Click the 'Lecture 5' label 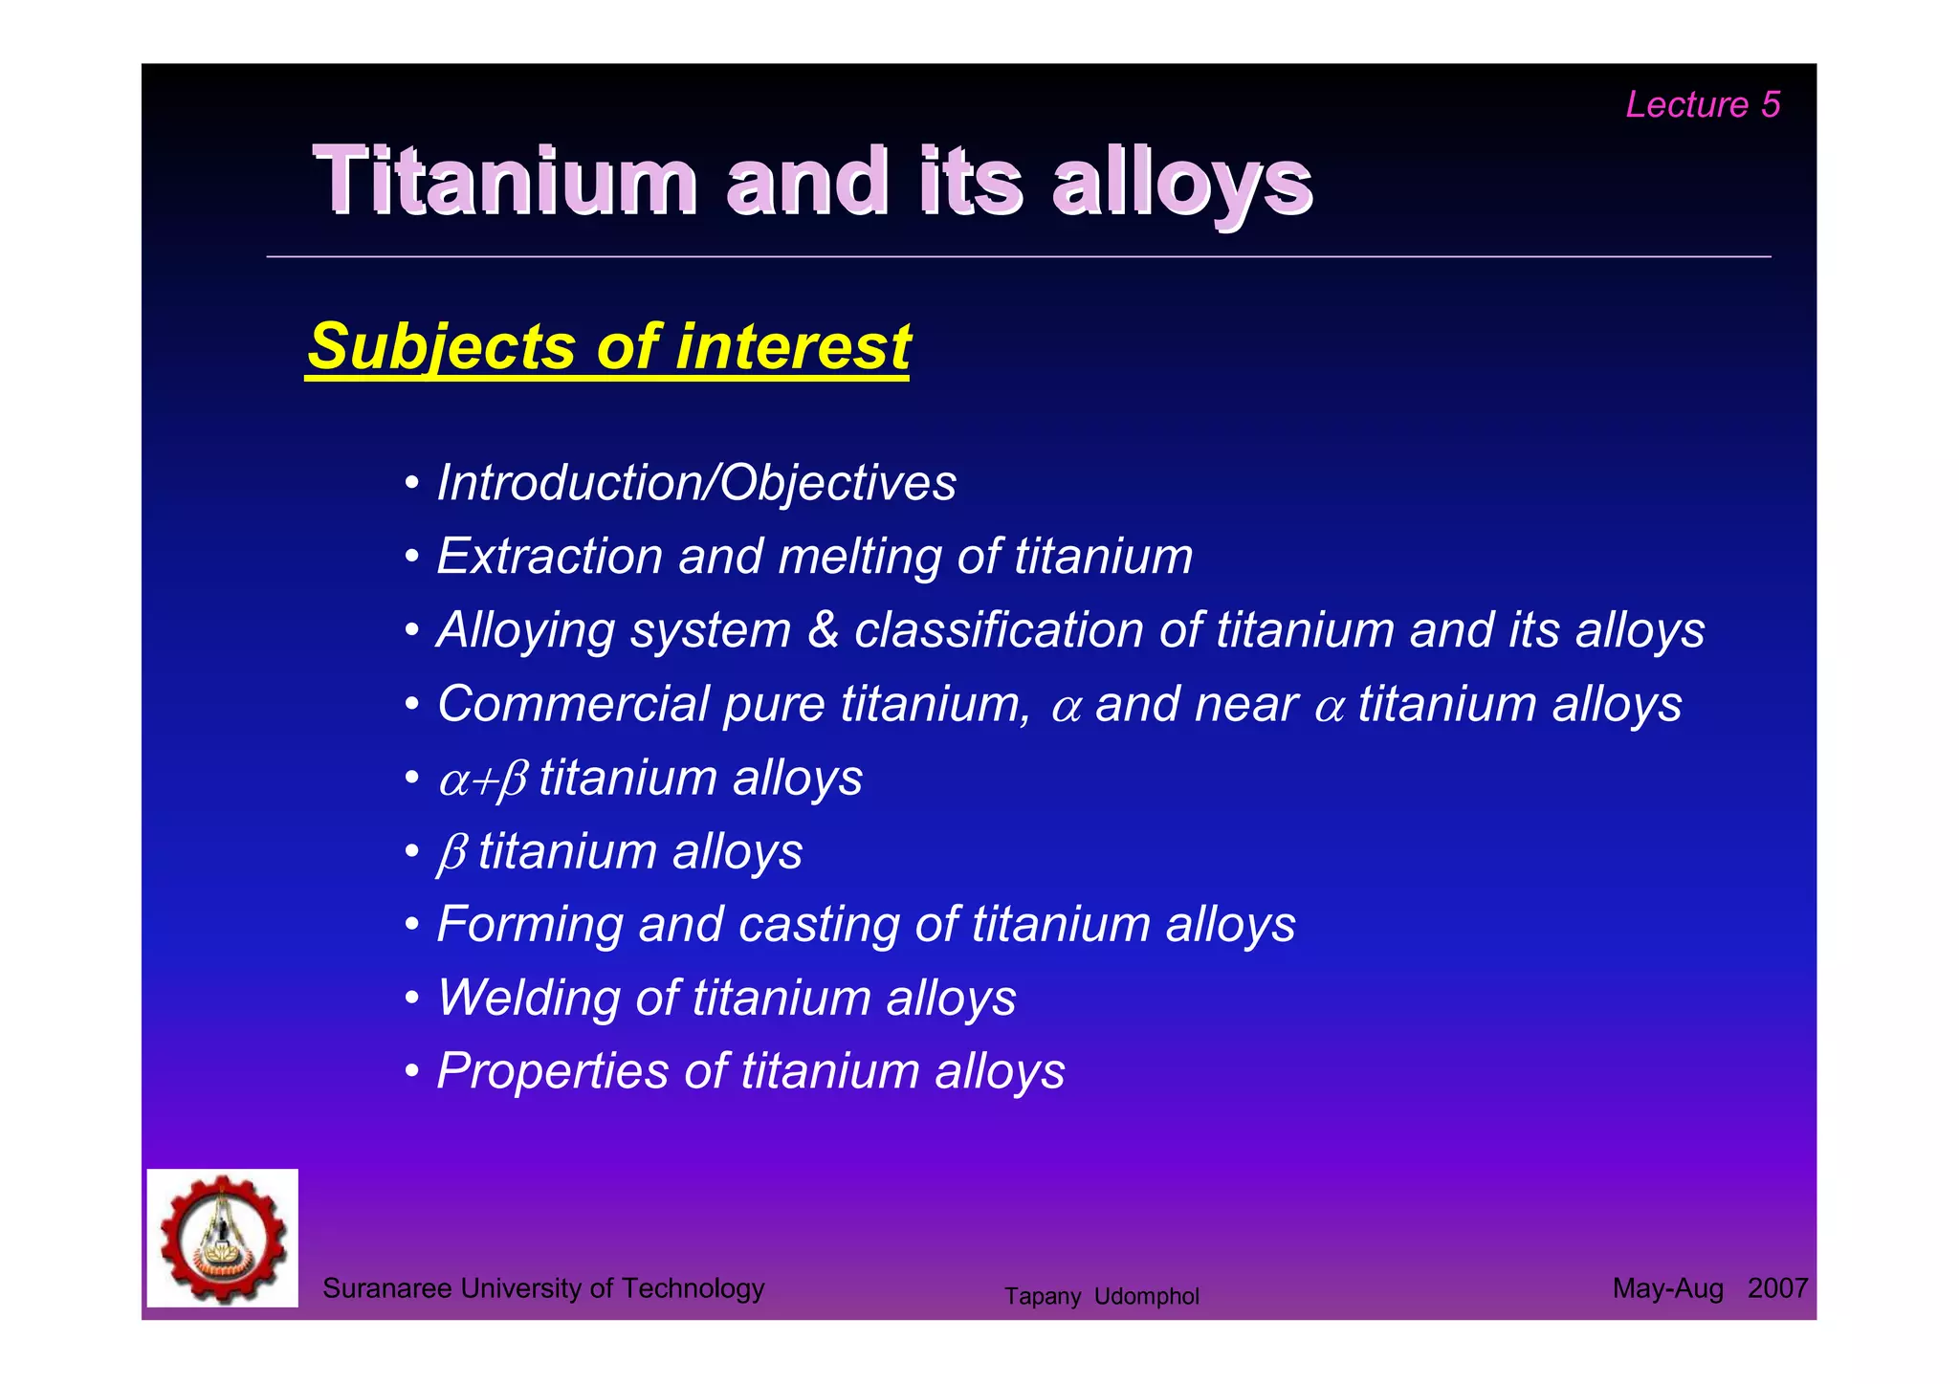pyautogui.click(x=1702, y=104)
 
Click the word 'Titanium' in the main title pyautogui.click(x=504, y=181)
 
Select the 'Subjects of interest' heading pyautogui.click(x=608, y=346)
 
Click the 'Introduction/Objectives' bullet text pyautogui.click(x=695, y=482)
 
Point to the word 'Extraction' pyautogui.click(x=549, y=556)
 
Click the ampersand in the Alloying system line pyautogui.click(x=823, y=630)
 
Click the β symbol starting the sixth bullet pyautogui.click(x=452, y=852)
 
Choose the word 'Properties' pyautogui.click(x=552, y=1070)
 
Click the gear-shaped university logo pyautogui.click(x=223, y=1238)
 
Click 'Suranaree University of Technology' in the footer pyautogui.click(x=543, y=1288)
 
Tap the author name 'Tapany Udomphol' pyautogui.click(x=1101, y=1296)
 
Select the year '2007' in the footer pyautogui.click(x=1776, y=1288)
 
